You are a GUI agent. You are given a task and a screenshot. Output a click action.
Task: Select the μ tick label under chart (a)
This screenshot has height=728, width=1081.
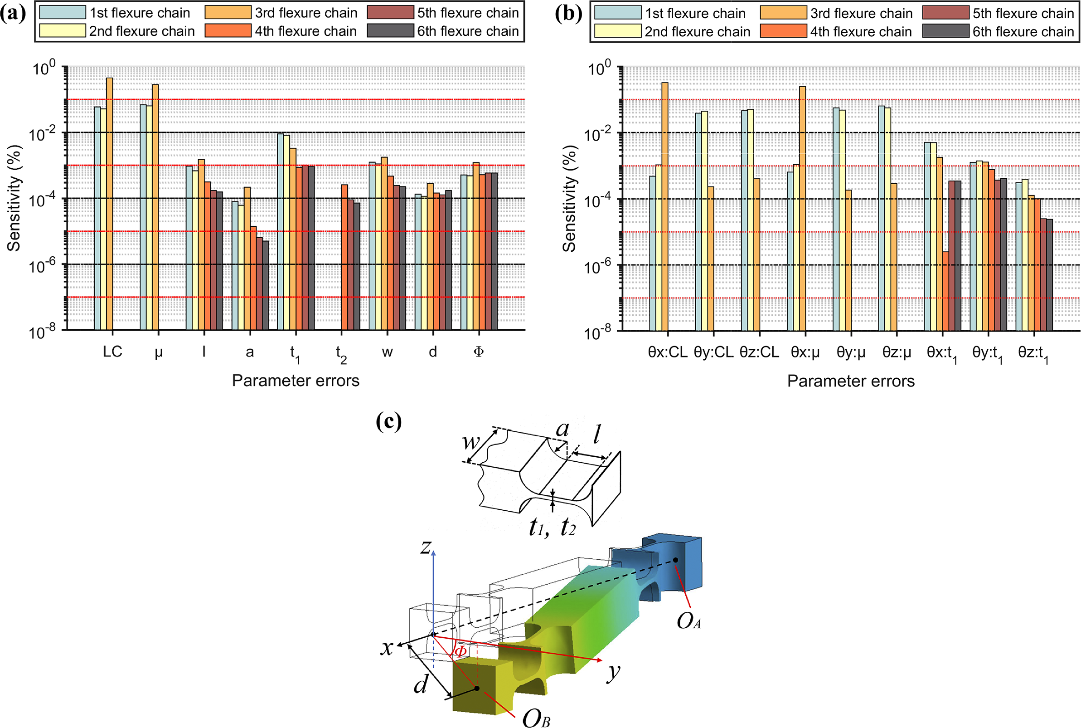[x=158, y=352]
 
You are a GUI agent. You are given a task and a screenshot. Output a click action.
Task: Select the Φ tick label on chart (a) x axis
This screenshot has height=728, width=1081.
[x=478, y=352]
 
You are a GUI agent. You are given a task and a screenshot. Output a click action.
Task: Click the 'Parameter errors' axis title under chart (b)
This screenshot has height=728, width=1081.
[x=850, y=381]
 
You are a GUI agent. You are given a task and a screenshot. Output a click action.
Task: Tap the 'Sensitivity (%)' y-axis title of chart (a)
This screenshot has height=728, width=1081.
[x=14, y=198]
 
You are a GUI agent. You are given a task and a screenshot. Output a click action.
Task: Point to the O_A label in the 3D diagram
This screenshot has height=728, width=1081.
[x=688, y=621]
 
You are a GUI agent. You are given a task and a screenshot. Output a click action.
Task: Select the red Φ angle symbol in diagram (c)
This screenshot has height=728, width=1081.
[x=460, y=652]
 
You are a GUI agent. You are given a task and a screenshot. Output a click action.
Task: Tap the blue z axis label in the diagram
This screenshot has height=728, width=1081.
[x=426, y=547]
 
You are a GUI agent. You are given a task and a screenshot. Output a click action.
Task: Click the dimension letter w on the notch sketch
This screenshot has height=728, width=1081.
[x=471, y=441]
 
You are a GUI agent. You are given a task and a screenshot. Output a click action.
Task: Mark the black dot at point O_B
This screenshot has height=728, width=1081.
[x=476, y=688]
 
